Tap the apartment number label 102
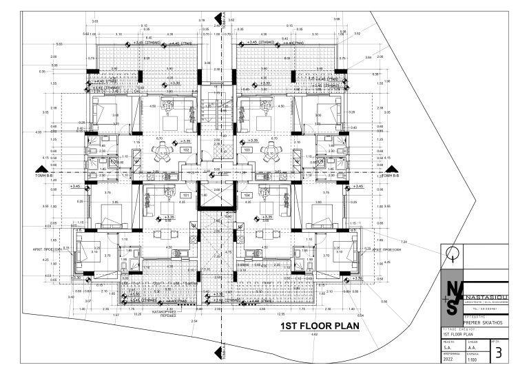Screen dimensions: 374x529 click(185, 149)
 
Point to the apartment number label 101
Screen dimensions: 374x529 click(185, 195)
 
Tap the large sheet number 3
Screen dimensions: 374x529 click(498, 355)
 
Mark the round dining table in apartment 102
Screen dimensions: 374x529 click(163, 156)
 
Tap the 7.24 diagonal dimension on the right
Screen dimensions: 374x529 click(404, 242)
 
